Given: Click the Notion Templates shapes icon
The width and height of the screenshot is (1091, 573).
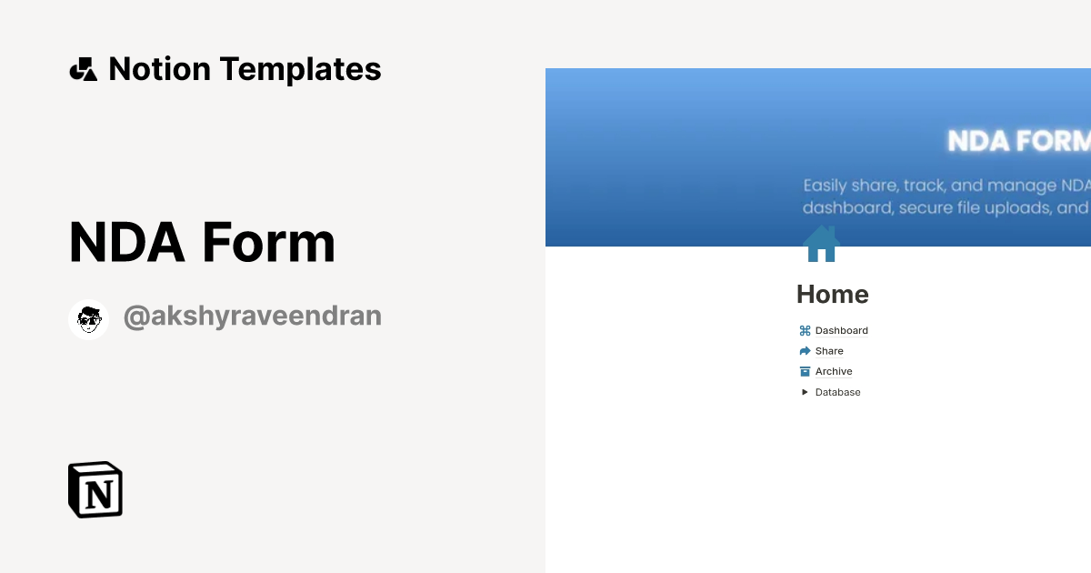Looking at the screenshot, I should [83, 69].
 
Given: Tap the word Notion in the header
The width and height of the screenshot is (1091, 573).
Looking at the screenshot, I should [159, 69].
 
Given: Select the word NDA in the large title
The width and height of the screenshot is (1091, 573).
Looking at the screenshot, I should [126, 243].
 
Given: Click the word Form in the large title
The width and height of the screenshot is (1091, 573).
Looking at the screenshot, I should [269, 243].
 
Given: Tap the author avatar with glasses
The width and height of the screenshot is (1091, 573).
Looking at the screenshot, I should [89, 319].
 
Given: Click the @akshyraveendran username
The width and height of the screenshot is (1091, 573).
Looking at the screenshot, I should [252, 317].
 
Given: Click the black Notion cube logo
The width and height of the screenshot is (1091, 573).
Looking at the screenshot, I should [95, 489].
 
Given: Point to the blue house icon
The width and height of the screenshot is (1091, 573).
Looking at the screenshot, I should [821, 244].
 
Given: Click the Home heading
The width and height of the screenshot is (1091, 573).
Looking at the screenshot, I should [832, 295].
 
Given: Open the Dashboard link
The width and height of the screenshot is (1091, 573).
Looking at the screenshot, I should [841, 331].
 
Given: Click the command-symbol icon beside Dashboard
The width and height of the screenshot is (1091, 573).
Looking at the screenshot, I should [805, 331].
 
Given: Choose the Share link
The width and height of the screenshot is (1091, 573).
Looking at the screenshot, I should [829, 351].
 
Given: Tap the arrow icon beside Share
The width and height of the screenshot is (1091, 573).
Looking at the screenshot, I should [805, 351].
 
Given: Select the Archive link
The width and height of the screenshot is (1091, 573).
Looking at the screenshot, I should [834, 371].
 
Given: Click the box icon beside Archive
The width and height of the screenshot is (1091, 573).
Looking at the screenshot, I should [805, 371].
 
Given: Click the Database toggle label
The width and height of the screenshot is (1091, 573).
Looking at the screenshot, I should [837, 392].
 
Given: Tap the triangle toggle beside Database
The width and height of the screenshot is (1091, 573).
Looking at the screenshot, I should [805, 392].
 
